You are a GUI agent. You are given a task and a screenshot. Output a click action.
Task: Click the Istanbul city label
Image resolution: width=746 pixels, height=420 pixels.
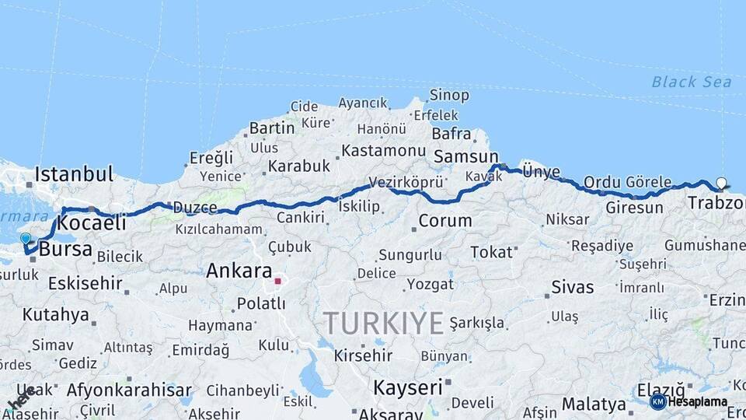(74, 173)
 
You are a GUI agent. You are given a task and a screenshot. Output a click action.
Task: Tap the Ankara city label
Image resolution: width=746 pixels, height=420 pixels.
(239, 271)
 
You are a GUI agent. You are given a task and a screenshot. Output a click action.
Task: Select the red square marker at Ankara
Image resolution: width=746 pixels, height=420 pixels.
(277, 280)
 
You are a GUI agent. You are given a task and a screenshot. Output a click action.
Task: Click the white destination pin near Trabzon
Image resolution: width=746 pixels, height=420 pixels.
(722, 184)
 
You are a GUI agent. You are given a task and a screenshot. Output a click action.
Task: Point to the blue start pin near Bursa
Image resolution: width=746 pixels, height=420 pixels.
(26, 239)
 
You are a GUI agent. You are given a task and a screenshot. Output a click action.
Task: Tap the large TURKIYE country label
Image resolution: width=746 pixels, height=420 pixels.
(383, 321)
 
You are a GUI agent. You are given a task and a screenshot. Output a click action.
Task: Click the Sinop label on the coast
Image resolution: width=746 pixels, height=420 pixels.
(450, 96)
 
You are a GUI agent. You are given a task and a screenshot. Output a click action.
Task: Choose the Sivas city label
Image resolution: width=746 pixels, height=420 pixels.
(572, 287)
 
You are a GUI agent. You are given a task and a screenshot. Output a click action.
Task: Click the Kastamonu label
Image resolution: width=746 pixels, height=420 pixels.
(384, 150)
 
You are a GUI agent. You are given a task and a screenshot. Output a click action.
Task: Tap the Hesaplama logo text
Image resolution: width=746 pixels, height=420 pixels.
(698, 402)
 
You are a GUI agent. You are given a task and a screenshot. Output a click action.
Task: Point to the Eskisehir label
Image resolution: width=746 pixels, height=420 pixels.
(85, 283)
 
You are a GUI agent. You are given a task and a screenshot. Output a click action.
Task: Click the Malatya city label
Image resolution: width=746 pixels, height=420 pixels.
(594, 404)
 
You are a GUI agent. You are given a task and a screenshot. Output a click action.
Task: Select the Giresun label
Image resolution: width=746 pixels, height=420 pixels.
(634, 208)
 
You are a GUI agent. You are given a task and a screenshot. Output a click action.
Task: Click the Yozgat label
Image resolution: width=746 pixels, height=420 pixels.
(430, 284)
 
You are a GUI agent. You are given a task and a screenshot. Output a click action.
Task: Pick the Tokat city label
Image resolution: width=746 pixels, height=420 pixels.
(492, 252)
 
